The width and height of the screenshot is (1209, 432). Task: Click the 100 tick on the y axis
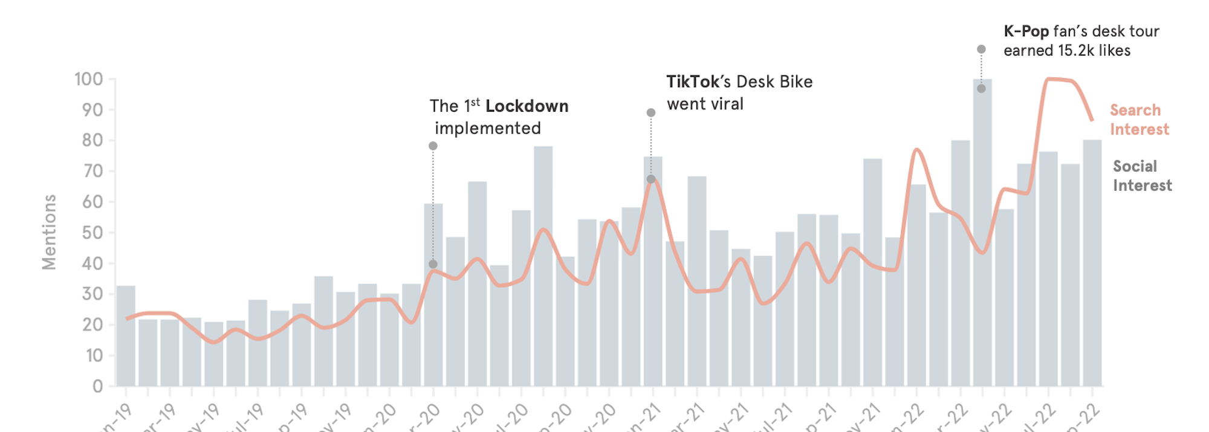click(x=89, y=79)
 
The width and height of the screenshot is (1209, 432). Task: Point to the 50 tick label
click(x=92, y=233)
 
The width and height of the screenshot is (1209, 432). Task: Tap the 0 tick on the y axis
click(x=97, y=386)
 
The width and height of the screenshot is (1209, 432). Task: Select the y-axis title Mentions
click(x=49, y=232)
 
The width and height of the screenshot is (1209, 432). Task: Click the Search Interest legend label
click(x=1139, y=120)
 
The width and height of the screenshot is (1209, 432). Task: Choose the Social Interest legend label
click(x=1142, y=176)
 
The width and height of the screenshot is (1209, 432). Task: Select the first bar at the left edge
click(x=126, y=336)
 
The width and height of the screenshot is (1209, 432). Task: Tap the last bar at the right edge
click(x=1092, y=263)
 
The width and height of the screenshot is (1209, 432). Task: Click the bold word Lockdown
click(x=527, y=106)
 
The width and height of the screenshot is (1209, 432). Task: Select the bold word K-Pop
click(x=1026, y=31)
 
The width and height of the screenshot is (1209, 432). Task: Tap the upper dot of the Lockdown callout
click(x=433, y=146)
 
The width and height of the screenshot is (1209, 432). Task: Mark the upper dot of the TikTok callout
click(x=651, y=113)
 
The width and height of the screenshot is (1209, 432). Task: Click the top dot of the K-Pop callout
click(x=981, y=50)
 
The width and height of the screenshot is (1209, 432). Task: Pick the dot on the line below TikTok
click(x=651, y=179)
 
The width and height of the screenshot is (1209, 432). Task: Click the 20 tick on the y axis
click(x=92, y=324)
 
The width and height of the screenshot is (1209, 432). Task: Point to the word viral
click(x=727, y=104)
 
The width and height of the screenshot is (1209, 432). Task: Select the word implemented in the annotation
click(x=487, y=128)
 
